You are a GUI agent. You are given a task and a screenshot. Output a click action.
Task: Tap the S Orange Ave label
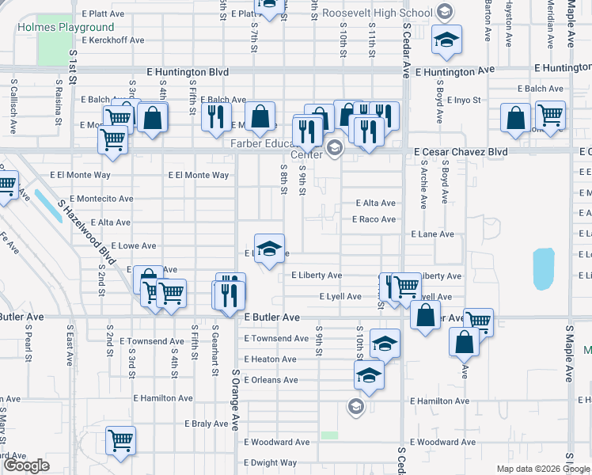coord(235,399)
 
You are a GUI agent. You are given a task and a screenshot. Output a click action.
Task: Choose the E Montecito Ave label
coord(101,199)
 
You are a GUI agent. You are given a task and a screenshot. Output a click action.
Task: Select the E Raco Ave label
coord(374,219)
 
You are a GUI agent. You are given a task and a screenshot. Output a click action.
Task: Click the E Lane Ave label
coord(432,234)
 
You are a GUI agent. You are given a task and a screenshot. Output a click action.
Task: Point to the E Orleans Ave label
coord(271,380)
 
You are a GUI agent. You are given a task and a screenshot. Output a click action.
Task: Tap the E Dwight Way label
coord(270,462)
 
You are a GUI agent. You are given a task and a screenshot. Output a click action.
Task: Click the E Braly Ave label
coord(207,424)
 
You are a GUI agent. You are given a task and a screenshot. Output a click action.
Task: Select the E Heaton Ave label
coord(270,359)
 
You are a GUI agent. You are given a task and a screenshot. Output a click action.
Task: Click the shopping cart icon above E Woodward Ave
coord(120,439)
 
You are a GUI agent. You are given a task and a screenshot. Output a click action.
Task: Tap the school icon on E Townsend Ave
coord(385,343)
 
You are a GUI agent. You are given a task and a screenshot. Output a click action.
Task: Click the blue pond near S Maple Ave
coord(543,269)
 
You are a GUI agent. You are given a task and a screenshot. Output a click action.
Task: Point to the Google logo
coord(27,465)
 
